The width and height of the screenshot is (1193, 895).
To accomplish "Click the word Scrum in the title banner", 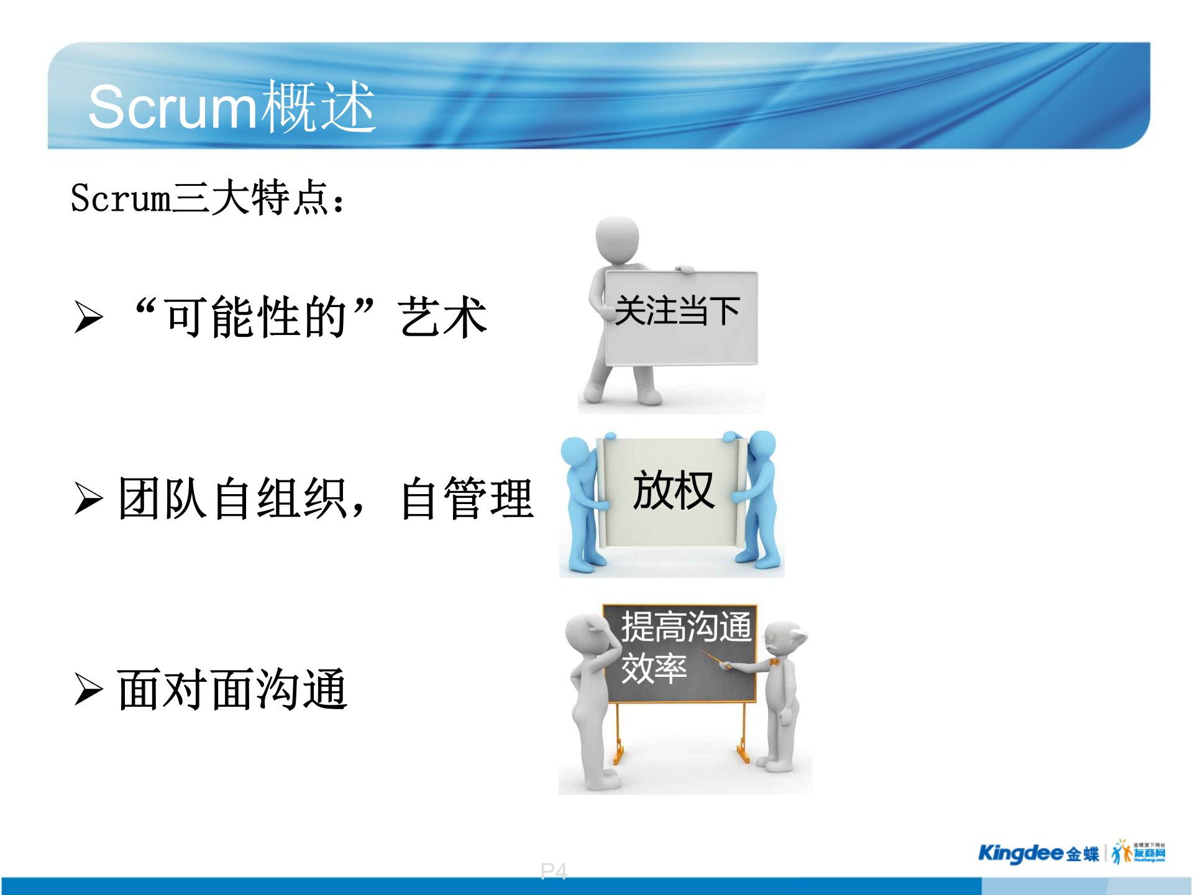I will (171, 108).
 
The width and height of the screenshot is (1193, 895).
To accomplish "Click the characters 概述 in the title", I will (318, 107).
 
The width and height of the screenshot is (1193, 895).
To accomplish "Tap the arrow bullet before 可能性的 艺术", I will (88, 317).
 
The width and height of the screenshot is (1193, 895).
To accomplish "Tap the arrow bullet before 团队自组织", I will (88, 498).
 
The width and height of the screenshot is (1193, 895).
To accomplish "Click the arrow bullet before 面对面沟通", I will (88, 689).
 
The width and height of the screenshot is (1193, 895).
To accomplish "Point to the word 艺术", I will (442, 317).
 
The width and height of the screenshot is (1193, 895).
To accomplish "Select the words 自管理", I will (466, 498).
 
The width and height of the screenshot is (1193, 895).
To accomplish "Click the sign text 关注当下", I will (677, 311).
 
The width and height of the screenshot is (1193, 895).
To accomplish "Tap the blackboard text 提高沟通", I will (686, 626).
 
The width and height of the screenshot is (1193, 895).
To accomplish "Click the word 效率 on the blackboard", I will (654, 669).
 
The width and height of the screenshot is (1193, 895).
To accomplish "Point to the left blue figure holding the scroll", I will (581, 503).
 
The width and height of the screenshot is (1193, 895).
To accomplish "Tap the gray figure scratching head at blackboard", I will (590, 696).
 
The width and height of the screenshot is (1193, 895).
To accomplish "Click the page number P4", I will (553, 871).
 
